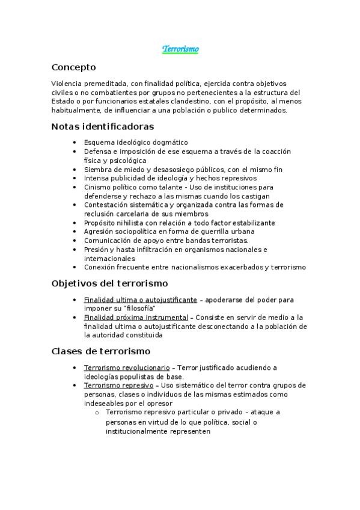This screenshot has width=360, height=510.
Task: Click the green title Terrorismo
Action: (x=180, y=49)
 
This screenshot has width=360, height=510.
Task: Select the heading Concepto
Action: (x=73, y=67)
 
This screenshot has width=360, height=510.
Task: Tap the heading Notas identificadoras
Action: (x=103, y=126)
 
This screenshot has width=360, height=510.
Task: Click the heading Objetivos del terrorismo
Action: (x=110, y=283)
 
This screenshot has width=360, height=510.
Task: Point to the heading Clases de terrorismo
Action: (x=101, y=351)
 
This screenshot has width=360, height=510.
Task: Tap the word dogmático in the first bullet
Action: (x=171, y=143)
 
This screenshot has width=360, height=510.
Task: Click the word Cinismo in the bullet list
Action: (x=97, y=187)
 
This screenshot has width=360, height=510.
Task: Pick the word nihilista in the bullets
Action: (x=126, y=223)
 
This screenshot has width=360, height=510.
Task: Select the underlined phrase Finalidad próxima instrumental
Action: (x=136, y=318)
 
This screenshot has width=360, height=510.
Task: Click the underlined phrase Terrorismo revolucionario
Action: (x=127, y=367)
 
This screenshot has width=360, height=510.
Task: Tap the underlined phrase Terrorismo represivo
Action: (x=118, y=385)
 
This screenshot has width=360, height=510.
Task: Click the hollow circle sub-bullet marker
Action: (x=97, y=413)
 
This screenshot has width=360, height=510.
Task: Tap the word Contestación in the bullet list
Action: (x=106, y=204)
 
